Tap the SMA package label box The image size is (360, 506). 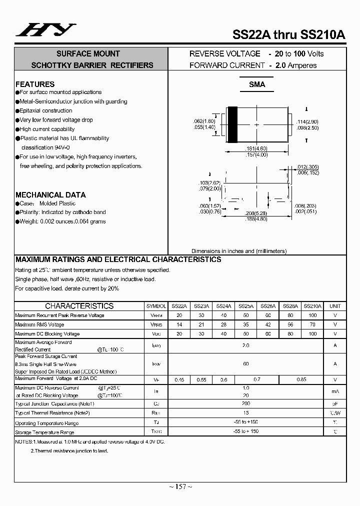pos(257,85)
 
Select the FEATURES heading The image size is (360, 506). pos(35,84)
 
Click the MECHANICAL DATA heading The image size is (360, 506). pos(50,194)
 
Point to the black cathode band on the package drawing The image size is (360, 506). pos(232,124)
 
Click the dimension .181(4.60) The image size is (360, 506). pos(257,148)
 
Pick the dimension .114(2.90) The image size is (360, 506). pos(307,121)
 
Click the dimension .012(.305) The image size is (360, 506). pos(307,166)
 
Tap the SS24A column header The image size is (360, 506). pos(223,306)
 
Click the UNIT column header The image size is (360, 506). pos(335,306)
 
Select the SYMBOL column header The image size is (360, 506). pos(156,306)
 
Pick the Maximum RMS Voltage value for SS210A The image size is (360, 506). pos(312,324)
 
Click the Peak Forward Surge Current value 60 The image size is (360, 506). pos(246,364)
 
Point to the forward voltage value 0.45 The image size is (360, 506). pos(179,380)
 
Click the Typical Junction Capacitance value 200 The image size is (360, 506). pos(246,403)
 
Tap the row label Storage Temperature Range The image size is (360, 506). pos(45,432)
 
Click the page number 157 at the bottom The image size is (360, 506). pos(180,486)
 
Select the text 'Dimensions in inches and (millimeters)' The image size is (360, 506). pos(238,251)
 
